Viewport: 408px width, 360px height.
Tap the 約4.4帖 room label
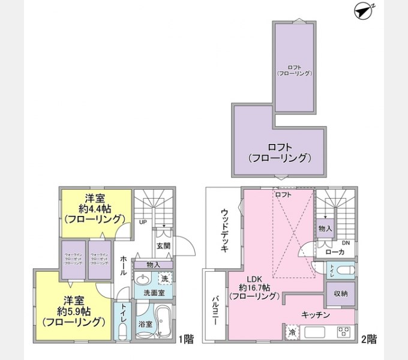pyautogui.click(x=95, y=209)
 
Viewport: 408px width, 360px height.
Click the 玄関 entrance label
pyautogui.click(x=163, y=245)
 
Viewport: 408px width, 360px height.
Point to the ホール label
pyautogui.click(x=123, y=264)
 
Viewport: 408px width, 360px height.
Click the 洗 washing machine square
pyautogui.click(x=165, y=278)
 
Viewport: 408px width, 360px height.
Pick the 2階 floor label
pyautogui.click(x=369, y=339)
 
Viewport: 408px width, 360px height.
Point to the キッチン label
pyautogui.click(x=314, y=315)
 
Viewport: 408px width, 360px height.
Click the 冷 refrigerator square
pyautogui.click(x=292, y=332)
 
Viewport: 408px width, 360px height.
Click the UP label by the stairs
pyautogui.click(x=143, y=221)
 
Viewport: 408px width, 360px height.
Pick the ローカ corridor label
pyautogui.click(x=334, y=252)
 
